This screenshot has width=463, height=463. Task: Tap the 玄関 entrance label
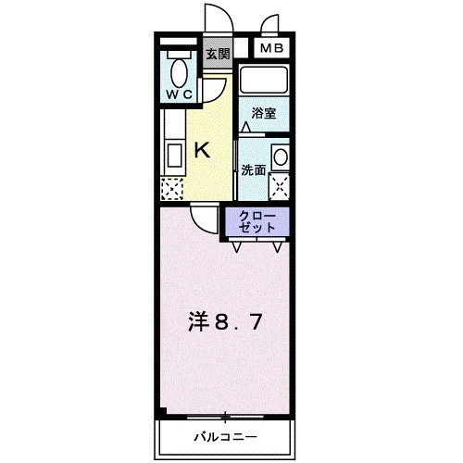point(218,55)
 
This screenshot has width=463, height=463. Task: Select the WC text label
point(179,94)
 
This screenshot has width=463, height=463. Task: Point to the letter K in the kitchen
point(203,151)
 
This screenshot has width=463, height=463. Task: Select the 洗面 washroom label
point(254,170)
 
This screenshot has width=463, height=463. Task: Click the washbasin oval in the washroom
point(281,155)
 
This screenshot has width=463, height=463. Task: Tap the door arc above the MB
point(272,25)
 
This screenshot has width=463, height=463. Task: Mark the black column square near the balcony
point(163,413)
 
